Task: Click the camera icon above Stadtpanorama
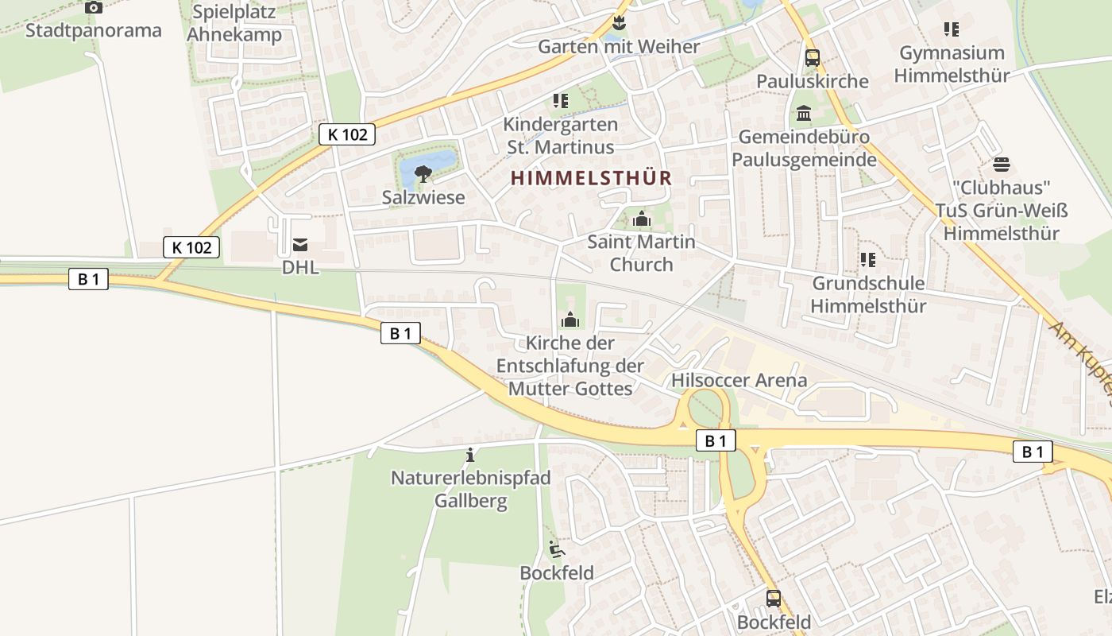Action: coord(94,8)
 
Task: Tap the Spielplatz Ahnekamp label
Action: coord(234,24)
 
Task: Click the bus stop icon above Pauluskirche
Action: coord(812,57)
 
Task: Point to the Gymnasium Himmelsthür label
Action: coord(952,64)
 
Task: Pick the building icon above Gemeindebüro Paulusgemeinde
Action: coord(803,114)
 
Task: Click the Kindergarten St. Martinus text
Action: coord(560,136)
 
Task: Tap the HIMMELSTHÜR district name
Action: coord(592,178)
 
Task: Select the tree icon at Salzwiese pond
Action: coord(423,173)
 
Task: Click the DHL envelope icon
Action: coord(300,245)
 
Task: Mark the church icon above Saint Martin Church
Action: coord(641,219)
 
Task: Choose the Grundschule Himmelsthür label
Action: coord(868,294)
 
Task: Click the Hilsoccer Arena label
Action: coord(739,380)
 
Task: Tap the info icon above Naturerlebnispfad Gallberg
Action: coord(470,455)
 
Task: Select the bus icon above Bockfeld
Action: coord(773,598)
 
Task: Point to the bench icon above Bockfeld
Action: coord(556,549)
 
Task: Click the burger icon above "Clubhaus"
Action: coord(1001,165)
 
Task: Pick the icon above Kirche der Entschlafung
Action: coord(570,320)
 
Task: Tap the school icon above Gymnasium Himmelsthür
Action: coord(951,30)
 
